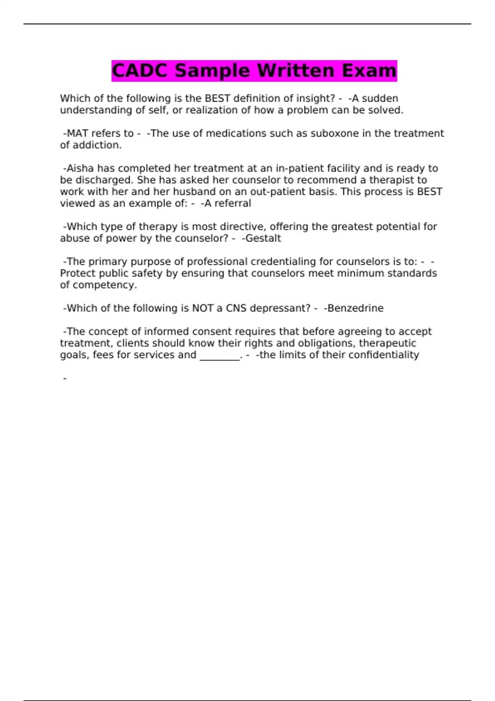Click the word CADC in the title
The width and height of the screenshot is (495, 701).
click(140, 71)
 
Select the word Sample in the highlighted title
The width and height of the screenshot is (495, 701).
click(212, 71)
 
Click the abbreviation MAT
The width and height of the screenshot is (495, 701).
click(77, 134)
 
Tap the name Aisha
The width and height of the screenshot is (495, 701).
click(80, 168)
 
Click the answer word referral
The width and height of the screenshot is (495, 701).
click(233, 203)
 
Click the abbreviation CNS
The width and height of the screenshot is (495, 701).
click(236, 308)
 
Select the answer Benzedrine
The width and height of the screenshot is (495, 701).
click(355, 308)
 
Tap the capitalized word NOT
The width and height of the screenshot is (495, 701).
click(203, 308)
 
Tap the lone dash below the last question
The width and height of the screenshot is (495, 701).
click(65, 378)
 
